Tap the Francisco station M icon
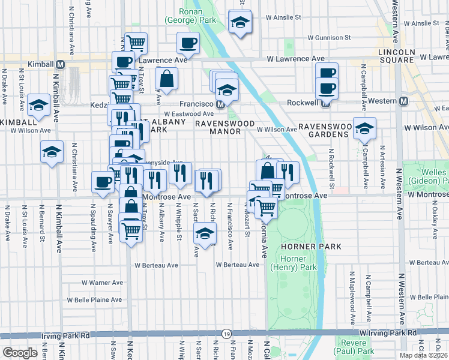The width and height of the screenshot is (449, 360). [x=220, y=104]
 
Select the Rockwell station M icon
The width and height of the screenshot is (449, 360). [x=325, y=103]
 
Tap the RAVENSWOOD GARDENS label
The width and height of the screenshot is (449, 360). [x=324, y=131]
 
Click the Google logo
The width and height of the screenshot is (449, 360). [x=20, y=352]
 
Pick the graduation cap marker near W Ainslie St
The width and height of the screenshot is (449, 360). [x=240, y=23]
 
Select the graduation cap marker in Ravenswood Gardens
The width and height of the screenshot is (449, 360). [x=364, y=128]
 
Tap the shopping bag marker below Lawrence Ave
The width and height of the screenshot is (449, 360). [x=166, y=79]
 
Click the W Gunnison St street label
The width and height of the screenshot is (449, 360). [x=329, y=37]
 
